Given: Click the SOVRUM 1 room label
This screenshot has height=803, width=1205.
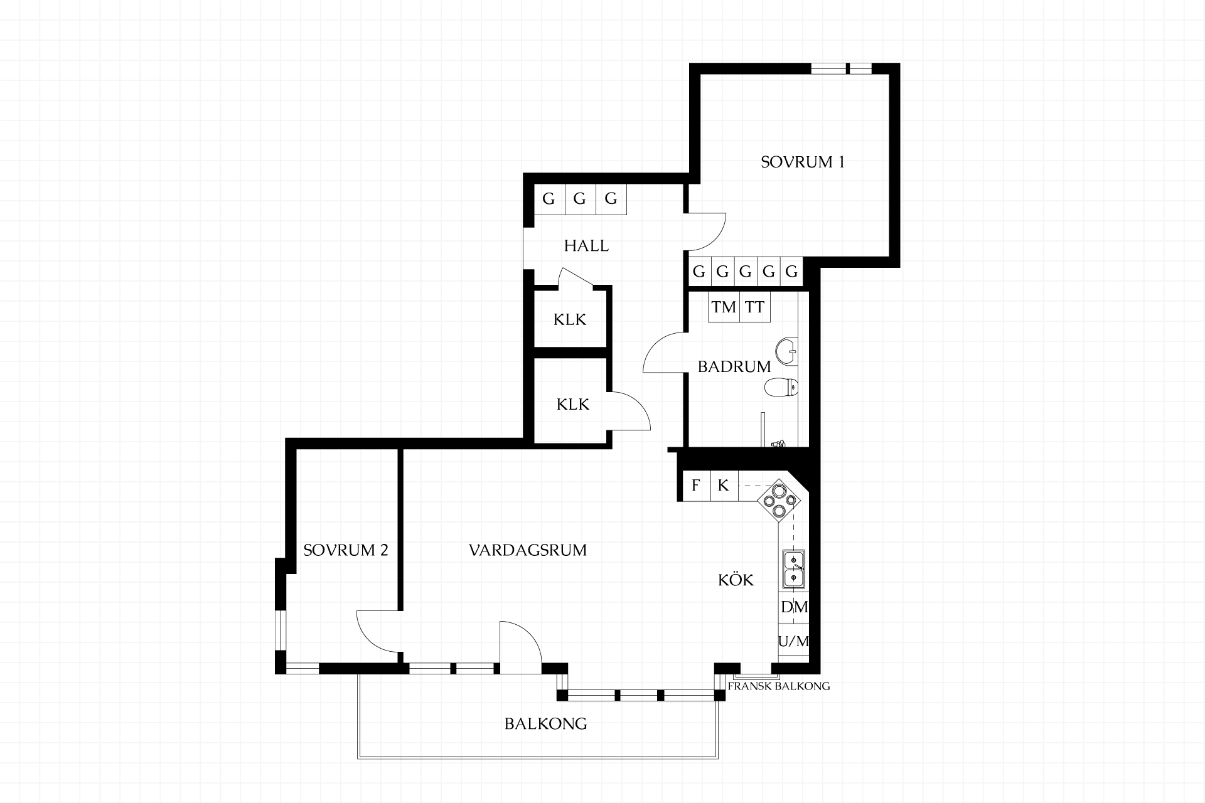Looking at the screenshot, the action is click(x=803, y=162).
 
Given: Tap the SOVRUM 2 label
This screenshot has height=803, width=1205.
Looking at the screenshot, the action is click(x=346, y=550).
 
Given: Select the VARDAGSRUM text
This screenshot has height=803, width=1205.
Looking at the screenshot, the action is click(x=528, y=550).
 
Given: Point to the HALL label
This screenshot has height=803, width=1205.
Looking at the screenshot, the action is click(x=586, y=246).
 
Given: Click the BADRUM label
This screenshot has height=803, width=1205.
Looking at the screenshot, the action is click(x=734, y=366).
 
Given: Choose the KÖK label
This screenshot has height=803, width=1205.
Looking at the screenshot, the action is click(x=736, y=580).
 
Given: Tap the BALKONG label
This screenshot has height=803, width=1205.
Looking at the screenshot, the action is click(x=546, y=724).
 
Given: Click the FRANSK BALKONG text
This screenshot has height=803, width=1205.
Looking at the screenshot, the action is click(x=779, y=686).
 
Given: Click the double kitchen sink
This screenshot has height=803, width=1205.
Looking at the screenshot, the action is click(x=793, y=569).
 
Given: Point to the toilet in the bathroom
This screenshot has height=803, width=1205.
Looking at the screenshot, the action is click(x=781, y=387).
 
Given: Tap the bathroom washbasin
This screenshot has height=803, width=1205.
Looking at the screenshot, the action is click(x=786, y=351).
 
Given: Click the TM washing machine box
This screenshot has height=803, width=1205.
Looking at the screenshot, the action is click(x=724, y=307).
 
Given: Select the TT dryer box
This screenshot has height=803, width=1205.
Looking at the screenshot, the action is click(x=755, y=307).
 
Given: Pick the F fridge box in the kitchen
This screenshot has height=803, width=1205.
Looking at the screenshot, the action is click(x=696, y=486).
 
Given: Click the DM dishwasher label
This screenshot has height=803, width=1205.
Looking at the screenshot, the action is click(x=794, y=607).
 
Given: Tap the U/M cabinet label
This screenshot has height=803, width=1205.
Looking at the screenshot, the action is click(x=793, y=641).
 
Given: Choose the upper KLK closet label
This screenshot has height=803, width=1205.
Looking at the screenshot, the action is click(x=570, y=320).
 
